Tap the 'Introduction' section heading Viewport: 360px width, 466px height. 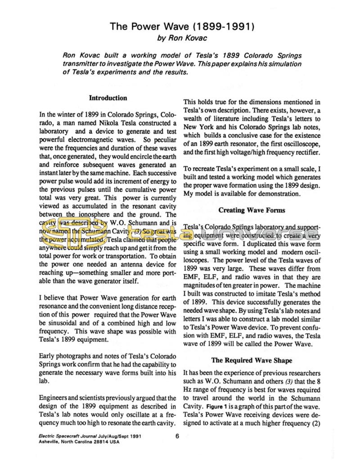[108, 98]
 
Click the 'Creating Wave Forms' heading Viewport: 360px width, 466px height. [252, 210]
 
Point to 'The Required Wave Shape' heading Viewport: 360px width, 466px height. [252, 360]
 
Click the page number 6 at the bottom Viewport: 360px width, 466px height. [178, 435]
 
